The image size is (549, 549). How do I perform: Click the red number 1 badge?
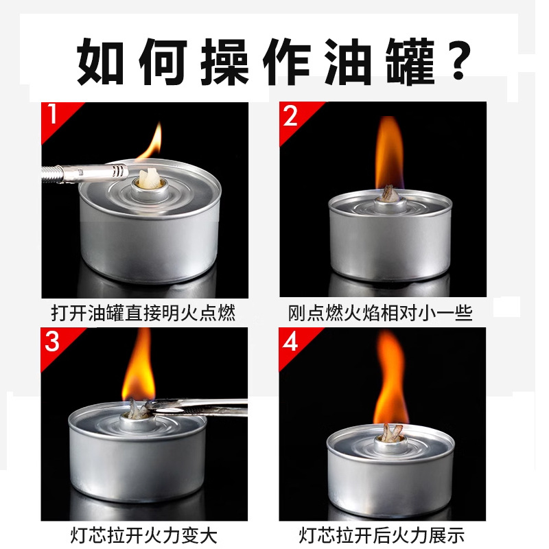[x=53, y=115]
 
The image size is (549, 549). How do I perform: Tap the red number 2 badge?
[x=291, y=116]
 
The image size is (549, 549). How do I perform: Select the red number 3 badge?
[x=53, y=340]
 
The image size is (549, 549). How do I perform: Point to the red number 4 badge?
[x=291, y=341]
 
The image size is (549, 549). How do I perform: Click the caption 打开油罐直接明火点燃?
[x=143, y=314]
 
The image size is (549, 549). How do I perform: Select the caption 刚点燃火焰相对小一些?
[x=380, y=314]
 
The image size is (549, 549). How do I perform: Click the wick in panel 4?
[x=393, y=433]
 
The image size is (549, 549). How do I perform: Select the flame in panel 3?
[x=139, y=371]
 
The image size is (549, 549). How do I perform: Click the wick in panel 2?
[x=389, y=195]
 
